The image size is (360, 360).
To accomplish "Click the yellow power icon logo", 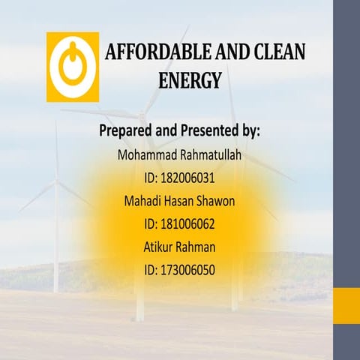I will point(73,67).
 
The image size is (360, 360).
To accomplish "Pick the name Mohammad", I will point(151,156).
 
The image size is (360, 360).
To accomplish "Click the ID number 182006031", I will point(188,178).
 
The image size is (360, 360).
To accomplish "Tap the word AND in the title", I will point(230,52).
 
